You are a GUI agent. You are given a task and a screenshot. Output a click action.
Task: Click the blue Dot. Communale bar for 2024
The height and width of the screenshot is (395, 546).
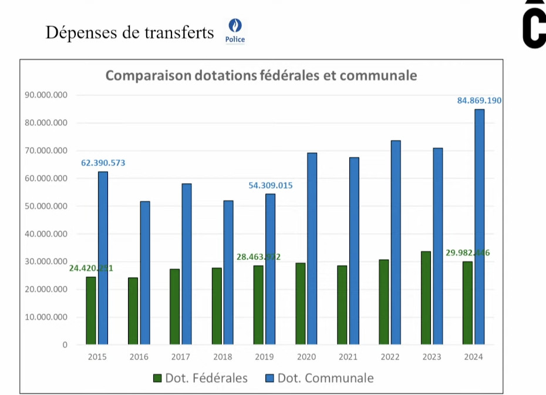[x=479, y=226]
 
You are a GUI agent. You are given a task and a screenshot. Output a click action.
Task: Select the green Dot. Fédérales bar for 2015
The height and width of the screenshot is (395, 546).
[x=90, y=310]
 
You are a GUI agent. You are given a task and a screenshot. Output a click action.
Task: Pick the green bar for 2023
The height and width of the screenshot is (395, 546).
[x=426, y=297]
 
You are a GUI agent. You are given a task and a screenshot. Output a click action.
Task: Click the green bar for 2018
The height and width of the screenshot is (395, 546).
[x=217, y=306]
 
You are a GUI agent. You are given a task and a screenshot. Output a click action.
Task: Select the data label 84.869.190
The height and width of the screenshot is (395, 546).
[x=479, y=101]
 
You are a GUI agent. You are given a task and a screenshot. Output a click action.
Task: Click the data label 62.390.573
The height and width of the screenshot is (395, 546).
[x=103, y=163]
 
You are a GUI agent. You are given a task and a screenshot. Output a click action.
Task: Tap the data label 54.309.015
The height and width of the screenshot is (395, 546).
[x=270, y=186]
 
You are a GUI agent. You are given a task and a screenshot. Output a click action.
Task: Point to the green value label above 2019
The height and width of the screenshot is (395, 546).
[x=258, y=257]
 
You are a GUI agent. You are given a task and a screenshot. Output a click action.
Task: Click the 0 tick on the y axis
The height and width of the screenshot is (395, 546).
[x=65, y=345]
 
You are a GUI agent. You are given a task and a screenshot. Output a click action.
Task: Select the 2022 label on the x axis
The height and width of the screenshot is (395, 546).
[x=390, y=357]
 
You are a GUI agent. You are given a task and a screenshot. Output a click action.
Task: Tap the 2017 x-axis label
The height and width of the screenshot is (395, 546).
[x=181, y=357]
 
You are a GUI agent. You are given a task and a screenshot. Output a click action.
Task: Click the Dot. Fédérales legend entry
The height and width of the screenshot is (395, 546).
[x=200, y=378]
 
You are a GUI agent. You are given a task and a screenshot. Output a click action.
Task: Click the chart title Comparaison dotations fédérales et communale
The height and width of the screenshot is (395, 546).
[x=261, y=75]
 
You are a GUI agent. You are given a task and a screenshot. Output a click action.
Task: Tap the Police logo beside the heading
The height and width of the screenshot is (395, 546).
[x=235, y=31]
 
